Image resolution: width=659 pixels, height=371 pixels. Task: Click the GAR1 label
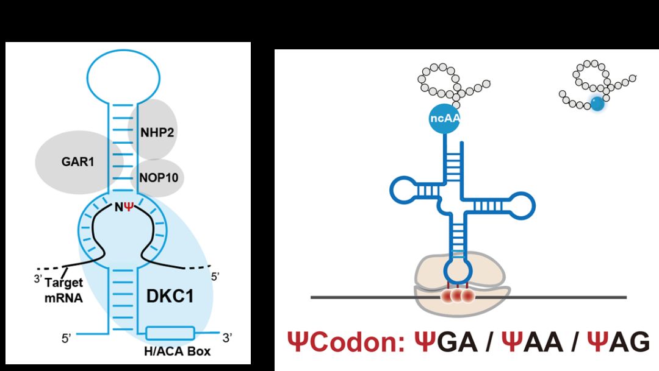[x=77, y=161]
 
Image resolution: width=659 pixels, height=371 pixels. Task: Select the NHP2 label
[x=157, y=133]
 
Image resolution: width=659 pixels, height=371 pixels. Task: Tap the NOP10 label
[x=159, y=177]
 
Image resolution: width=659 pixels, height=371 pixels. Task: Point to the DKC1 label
[x=170, y=296]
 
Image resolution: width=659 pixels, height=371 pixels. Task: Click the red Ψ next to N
[x=129, y=207]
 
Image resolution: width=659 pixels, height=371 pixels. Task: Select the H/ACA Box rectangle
[x=170, y=333]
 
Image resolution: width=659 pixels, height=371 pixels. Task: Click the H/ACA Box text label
[x=177, y=352]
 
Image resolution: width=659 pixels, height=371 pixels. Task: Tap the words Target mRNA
[x=64, y=290]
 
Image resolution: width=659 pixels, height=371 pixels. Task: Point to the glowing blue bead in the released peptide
[x=597, y=103]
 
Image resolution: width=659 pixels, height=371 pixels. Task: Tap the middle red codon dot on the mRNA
[x=457, y=296]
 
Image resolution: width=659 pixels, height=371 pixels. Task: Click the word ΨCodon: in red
[x=347, y=342]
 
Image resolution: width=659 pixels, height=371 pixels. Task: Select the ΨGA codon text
[x=446, y=342]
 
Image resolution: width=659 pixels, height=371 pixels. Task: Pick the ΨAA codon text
[x=533, y=342]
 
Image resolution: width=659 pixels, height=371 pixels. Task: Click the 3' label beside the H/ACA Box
[x=228, y=337]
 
